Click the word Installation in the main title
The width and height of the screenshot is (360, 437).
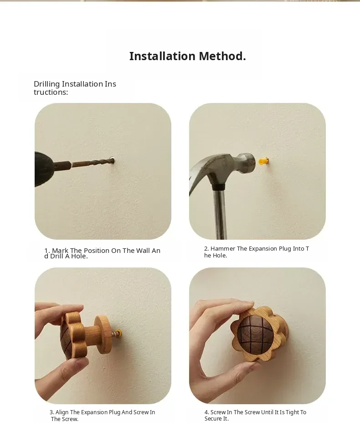[x=162, y=56]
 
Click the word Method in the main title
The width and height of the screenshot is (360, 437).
[x=222, y=56]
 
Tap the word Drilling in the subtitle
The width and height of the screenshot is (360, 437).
[x=46, y=84]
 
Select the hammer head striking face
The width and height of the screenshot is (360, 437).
[x=251, y=162]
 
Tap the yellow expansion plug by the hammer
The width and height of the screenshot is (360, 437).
[x=263, y=161]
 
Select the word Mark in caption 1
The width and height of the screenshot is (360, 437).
[x=60, y=251]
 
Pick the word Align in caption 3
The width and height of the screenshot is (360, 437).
[x=62, y=412]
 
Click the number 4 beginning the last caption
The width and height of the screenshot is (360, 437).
[x=206, y=412]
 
